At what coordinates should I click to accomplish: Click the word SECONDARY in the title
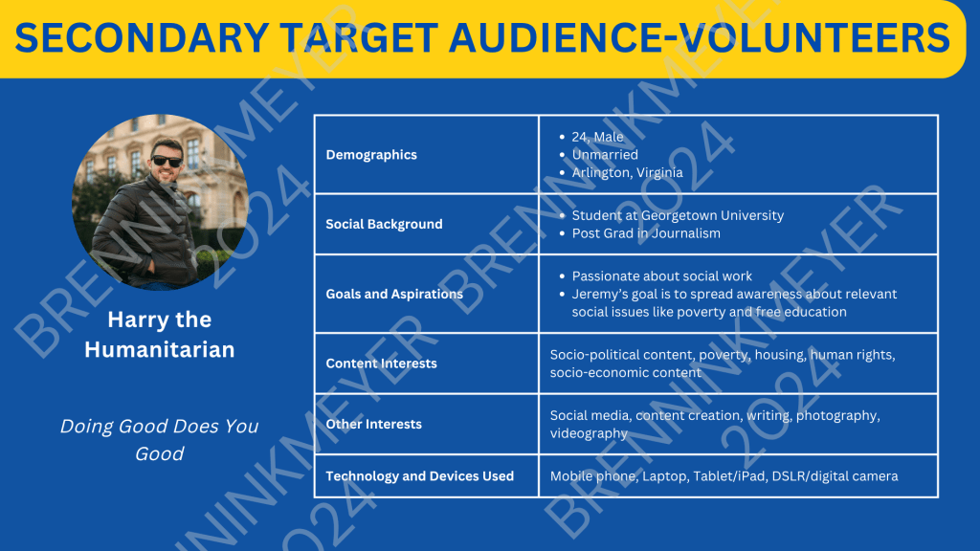pyautogui.click(x=142, y=37)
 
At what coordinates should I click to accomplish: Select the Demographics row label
pyautogui.click(x=371, y=155)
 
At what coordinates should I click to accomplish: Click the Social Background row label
pyautogui.click(x=384, y=224)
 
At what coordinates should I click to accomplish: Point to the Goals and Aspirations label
pyautogui.click(x=394, y=295)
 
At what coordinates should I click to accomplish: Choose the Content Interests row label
pyautogui.click(x=381, y=364)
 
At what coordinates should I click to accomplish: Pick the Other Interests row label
pyautogui.click(x=374, y=424)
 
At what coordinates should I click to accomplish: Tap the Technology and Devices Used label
pyautogui.click(x=419, y=476)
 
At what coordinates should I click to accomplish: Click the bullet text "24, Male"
pyautogui.click(x=597, y=137)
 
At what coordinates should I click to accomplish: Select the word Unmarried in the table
pyautogui.click(x=605, y=154)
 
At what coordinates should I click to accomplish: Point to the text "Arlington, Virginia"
pyautogui.click(x=627, y=172)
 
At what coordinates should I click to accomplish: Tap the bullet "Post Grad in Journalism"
pyautogui.click(x=646, y=233)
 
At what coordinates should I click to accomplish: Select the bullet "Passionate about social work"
pyautogui.click(x=662, y=276)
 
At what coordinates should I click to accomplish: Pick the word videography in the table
pyautogui.click(x=589, y=433)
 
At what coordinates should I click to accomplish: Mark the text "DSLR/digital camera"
pyautogui.click(x=835, y=476)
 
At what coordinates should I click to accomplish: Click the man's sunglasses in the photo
pyautogui.click(x=167, y=161)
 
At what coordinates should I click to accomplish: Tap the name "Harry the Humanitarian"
pyautogui.click(x=160, y=334)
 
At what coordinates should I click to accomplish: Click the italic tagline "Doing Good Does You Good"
pyautogui.click(x=160, y=440)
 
